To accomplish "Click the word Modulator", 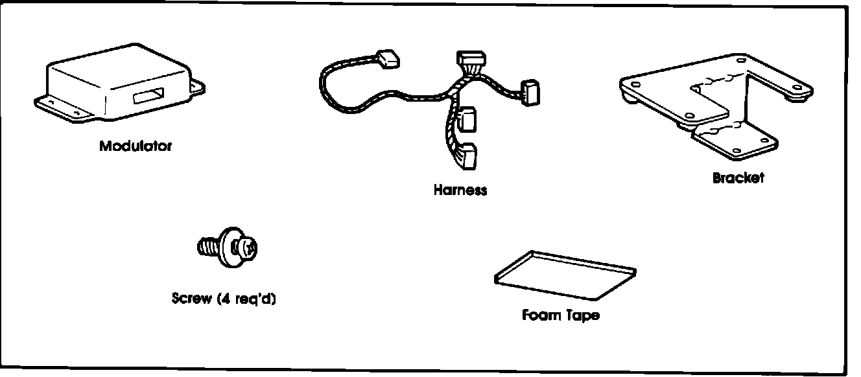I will pyautogui.click(x=136, y=146).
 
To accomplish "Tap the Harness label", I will pyautogui.click(x=460, y=190).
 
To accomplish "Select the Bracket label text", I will pyautogui.click(x=738, y=177).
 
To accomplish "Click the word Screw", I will pyautogui.click(x=191, y=299).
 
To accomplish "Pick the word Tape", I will pyautogui.click(x=580, y=315).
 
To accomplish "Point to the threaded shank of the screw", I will pyautogui.click(x=207, y=247).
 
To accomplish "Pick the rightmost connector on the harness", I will pyautogui.click(x=531, y=91).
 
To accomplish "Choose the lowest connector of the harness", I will pyautogui.click(x=467, y=156).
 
